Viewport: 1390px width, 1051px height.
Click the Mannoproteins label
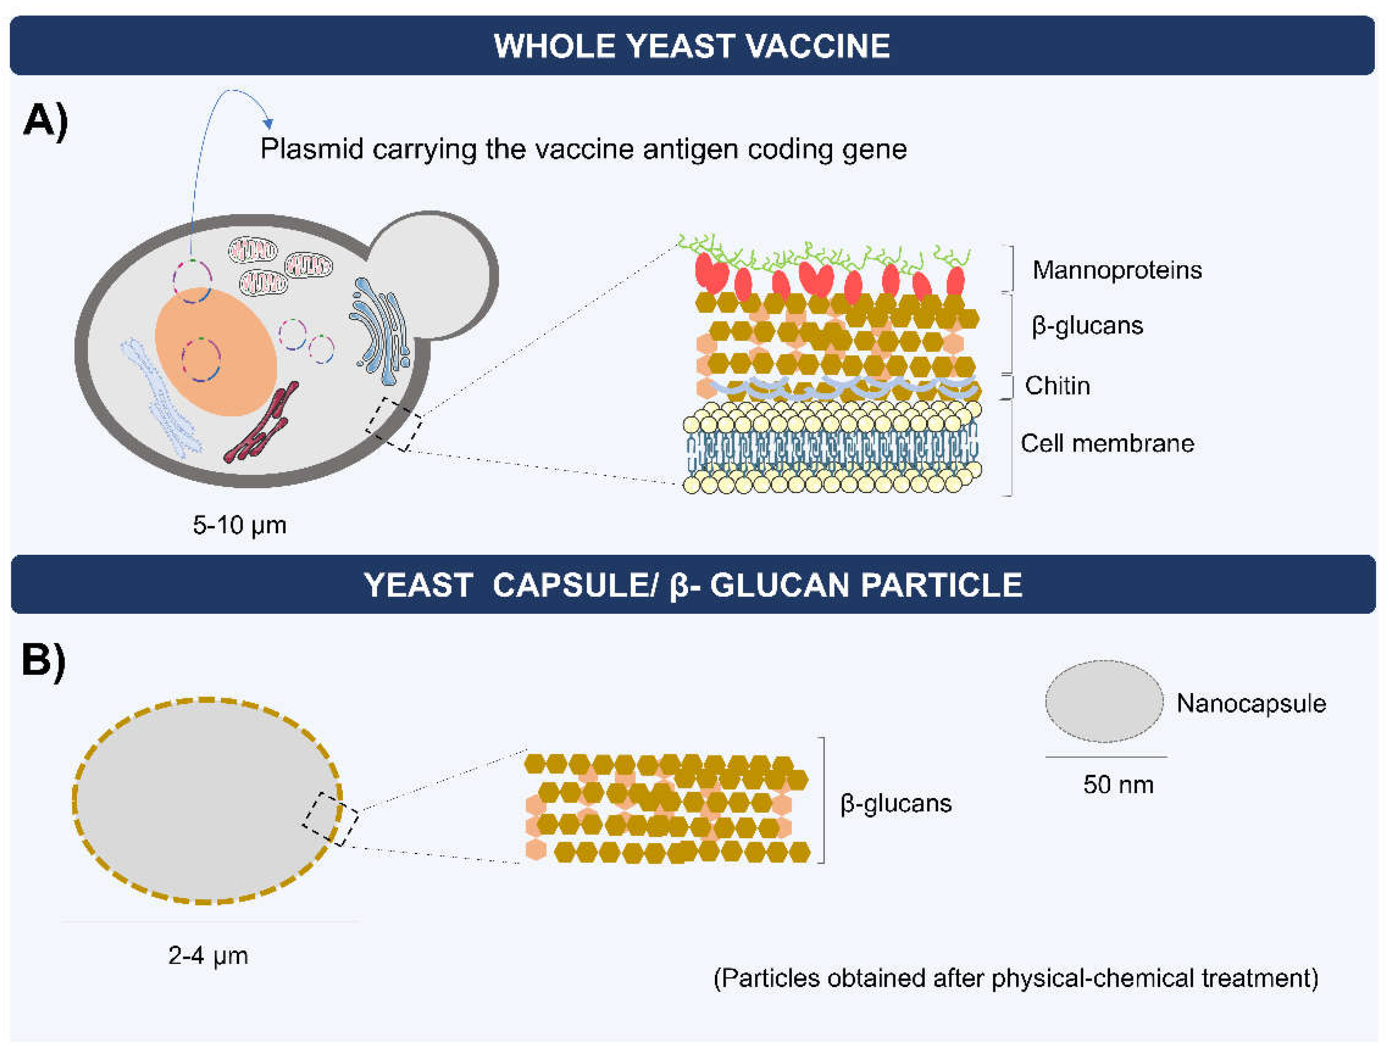click(x=1117, y=270)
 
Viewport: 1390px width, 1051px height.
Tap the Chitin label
click(x=1057, y=386)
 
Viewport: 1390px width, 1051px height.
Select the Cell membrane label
click(x=1107, y=443)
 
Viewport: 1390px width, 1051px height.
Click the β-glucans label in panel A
click(x=1087, y=326)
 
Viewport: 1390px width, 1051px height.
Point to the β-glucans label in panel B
click(x=896, y=803)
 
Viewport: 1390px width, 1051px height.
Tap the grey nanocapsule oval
click(x=1104, y=701)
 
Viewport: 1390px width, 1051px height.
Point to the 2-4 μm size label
click(x=208, y=955)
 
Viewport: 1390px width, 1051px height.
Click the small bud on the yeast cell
click(x=434, y=270)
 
